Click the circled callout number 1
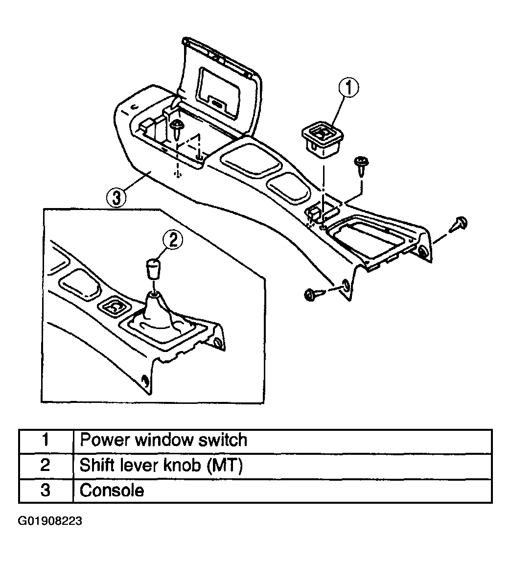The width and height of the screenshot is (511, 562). [348, 88]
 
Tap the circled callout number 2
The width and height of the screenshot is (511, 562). [173, 240]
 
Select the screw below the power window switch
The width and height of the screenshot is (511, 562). [361, 165]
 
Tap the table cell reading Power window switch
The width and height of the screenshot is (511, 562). [282, 441]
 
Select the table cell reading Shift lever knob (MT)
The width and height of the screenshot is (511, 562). [282, 466]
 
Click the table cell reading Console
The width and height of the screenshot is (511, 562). [282, 491]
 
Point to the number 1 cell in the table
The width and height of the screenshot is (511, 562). [46, 441]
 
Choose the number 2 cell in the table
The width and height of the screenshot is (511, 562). [46, 466]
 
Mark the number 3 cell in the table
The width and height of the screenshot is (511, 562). [46, 491]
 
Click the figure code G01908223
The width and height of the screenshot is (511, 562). [50, 521]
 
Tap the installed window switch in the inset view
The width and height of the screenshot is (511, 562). [115, 307]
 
